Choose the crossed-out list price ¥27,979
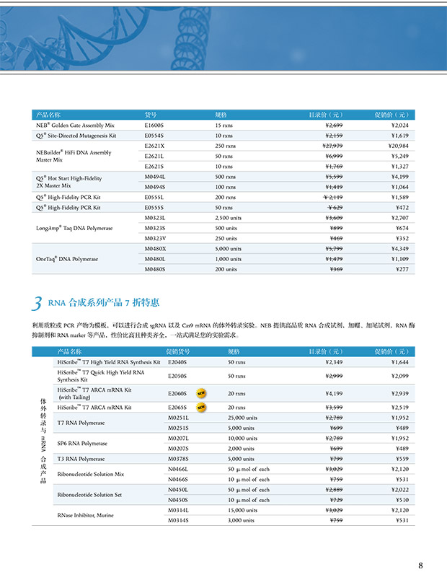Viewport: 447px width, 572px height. [x=332, y=146]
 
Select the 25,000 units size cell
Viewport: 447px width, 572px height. [x=242, y=418]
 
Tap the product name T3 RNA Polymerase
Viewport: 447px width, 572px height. [x=81, y=459]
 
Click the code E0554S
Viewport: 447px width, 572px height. [x=154, y=136]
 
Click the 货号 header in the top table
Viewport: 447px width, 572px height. [x=151, y=115]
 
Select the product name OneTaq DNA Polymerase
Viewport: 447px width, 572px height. [x=67, y=258]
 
